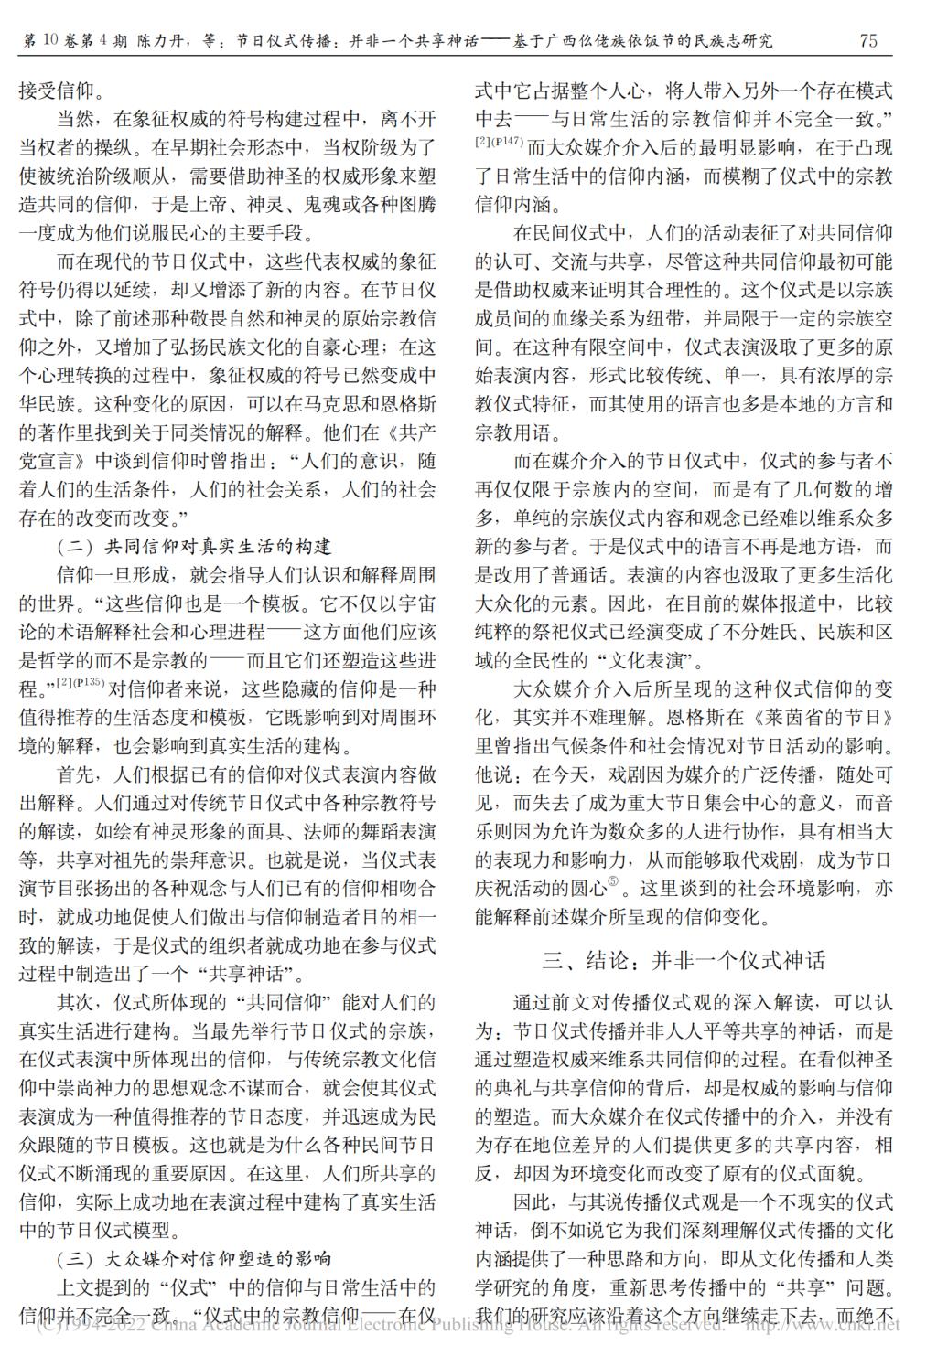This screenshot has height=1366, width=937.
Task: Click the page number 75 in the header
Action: click(x=868, y=40)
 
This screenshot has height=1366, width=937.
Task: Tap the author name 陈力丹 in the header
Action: click(x=162, y=41)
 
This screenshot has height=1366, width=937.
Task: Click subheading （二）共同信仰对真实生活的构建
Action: click(x=194, y=548)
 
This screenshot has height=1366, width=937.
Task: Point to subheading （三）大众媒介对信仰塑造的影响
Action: click(x=194, y=1259)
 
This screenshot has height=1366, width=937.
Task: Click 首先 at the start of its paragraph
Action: click(x=78, y=774)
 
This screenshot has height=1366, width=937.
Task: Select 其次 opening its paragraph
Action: click(x=78, y=1002)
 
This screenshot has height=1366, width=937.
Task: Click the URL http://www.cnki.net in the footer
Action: click(x=824, y=1324)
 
